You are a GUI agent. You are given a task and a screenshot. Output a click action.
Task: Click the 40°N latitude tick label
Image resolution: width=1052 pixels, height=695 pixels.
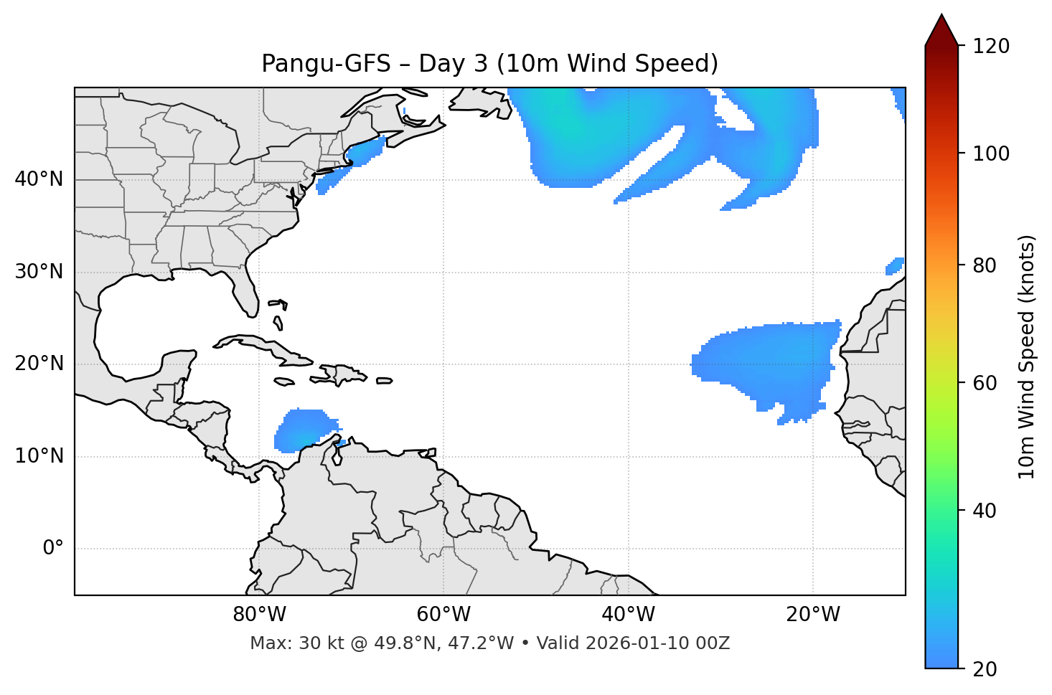point(39,179)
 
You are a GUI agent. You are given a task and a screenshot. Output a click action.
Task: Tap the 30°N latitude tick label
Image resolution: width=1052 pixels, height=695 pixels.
point(39,272)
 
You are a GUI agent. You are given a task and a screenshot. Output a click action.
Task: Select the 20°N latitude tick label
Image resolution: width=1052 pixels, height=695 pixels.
point(39,364)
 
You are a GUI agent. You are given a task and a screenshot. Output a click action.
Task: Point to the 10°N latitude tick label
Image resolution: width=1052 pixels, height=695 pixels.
point(39,456)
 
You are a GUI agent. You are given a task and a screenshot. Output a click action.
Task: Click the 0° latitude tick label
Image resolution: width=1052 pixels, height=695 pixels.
point(53,549)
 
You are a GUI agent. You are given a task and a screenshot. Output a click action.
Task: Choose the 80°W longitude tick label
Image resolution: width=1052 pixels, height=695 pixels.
point(259,615)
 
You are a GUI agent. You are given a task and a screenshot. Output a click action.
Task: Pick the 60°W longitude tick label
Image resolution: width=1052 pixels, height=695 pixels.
point(443,615)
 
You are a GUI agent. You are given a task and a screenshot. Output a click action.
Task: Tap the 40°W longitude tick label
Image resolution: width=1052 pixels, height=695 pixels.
point(628,615)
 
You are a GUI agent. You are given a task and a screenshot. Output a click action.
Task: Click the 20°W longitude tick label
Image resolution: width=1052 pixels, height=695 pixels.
point(812,615)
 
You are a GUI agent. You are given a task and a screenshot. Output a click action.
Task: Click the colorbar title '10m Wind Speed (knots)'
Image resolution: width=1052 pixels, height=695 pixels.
point(1027,356)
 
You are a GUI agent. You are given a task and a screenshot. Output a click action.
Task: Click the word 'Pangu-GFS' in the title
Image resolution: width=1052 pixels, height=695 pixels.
point(327,64)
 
